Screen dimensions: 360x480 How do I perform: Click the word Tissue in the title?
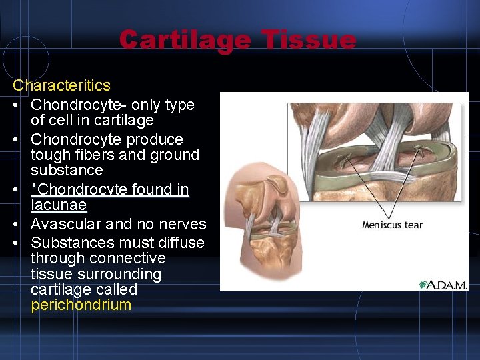309,40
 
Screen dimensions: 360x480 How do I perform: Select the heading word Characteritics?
62,85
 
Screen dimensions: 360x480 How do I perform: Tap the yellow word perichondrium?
81,305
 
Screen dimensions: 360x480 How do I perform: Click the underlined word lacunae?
59,205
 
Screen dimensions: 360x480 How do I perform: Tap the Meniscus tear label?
392,225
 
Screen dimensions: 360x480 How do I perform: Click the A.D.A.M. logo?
444,284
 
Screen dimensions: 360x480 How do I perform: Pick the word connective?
130,258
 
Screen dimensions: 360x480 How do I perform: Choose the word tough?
50,155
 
